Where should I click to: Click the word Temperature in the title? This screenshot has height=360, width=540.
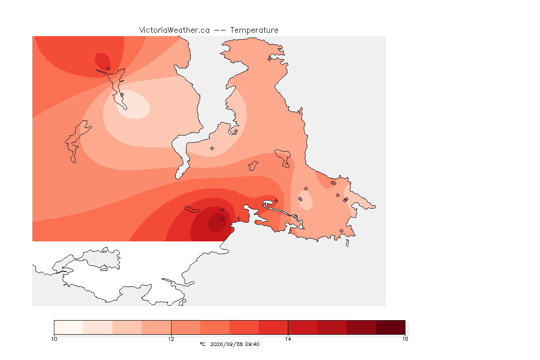point(254,30)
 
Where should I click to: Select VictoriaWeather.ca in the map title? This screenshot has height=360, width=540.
point(174,30)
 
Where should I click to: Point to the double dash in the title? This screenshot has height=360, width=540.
point(220,30)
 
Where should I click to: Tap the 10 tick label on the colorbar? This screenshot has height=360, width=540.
point(54,339)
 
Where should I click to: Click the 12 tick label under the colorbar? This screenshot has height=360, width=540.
point(171,339)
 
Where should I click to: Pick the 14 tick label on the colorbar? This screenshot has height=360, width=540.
point(288,339)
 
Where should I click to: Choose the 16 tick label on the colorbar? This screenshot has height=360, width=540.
point(405,339)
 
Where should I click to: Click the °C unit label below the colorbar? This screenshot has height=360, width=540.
point(202,344)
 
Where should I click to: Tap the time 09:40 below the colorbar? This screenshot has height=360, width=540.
point(252,344)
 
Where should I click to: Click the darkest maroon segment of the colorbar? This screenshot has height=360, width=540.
point(390,327)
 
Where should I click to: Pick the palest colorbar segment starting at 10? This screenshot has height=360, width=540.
point(69,327)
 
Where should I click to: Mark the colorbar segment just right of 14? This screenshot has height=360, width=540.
point(303,327)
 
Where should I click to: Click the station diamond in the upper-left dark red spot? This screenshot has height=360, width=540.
point(108,69)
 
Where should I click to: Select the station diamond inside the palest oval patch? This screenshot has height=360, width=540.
point(122,94)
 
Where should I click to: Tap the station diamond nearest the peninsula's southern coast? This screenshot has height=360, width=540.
point(341,231)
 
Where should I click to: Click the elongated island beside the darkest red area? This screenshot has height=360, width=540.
point(192,210)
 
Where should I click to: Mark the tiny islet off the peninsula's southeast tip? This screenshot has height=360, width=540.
point(347,243)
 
